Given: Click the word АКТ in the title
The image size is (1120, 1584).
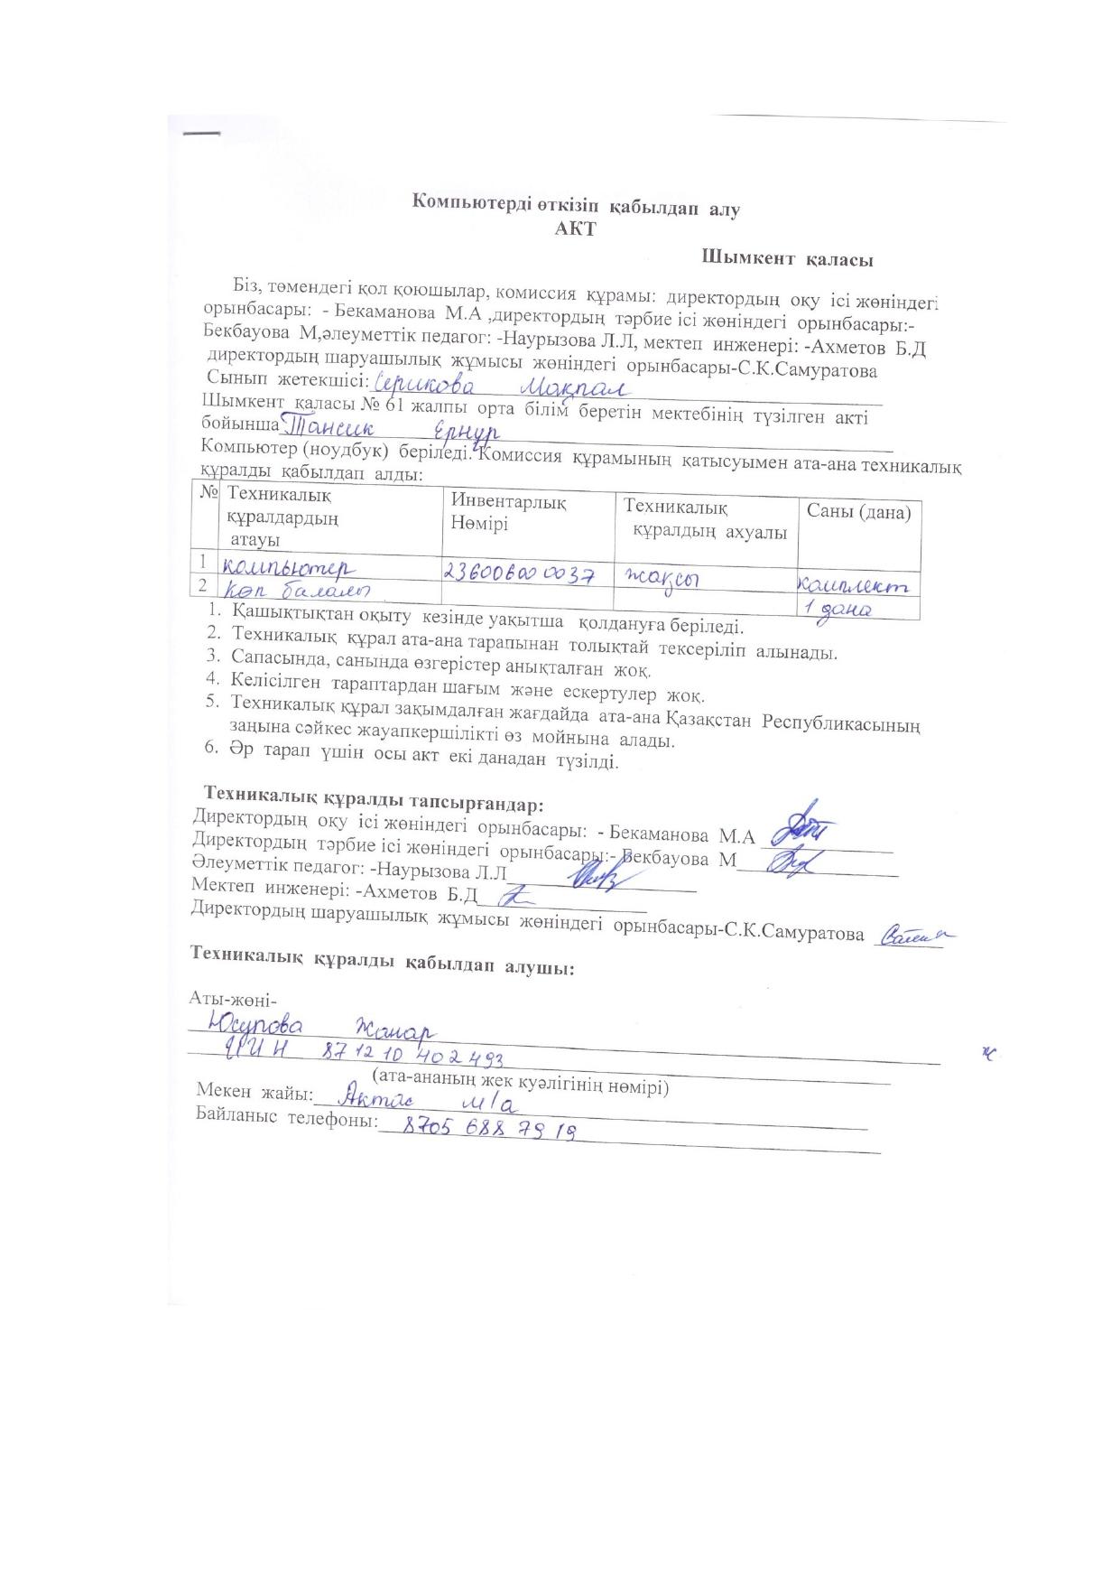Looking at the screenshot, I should [x=575, y=228].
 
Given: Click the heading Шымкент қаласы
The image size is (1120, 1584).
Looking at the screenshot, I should [x=787, y=260].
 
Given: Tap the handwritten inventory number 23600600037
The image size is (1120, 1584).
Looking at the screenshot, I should [x=520, y=573].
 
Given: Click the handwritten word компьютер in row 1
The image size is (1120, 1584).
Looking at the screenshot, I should [x=289, y=568].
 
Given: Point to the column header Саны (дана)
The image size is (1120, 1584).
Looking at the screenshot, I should [x=858, y=512].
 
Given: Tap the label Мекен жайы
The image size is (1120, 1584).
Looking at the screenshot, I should [x=254, y=1092].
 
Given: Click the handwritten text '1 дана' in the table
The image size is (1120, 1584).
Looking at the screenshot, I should [x=837, y=610].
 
